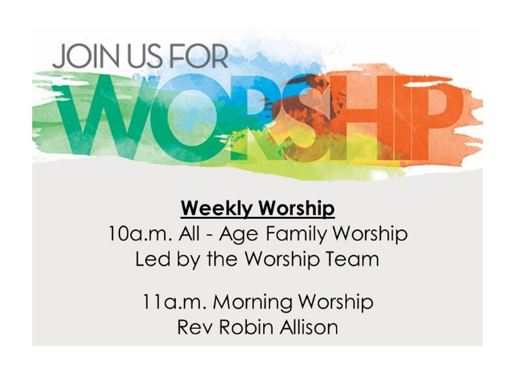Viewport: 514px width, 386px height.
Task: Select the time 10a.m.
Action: [140, 234]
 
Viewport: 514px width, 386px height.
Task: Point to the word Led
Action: [153, 259]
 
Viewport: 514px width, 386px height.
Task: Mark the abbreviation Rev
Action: [194, 327]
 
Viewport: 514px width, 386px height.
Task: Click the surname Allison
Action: [309, 327]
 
